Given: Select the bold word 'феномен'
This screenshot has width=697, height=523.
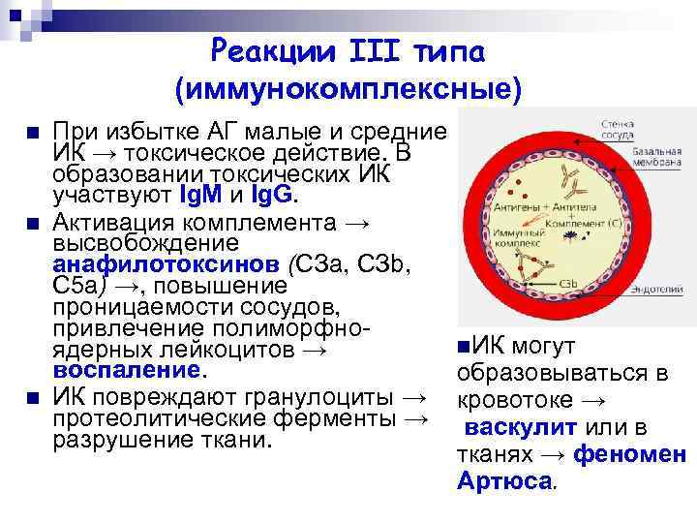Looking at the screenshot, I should pos(629,453).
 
